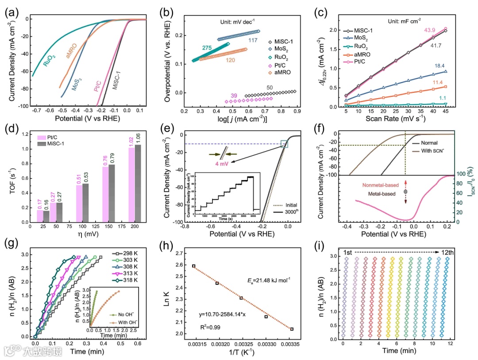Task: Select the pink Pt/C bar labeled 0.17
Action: tap(40, 216)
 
